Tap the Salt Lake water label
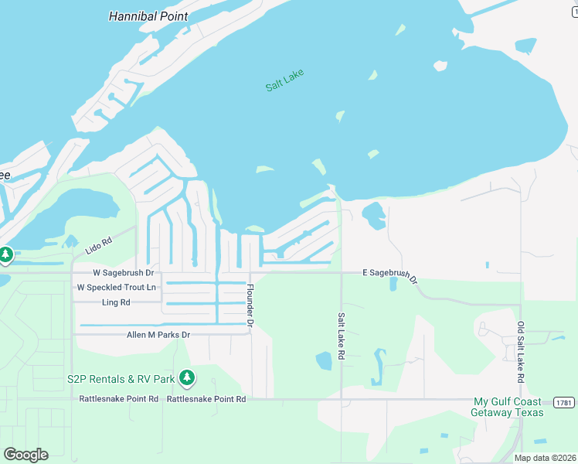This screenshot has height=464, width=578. pyautogui.click(x=284, y=80)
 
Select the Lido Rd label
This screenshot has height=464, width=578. pyautogui.click(x=98, y=242)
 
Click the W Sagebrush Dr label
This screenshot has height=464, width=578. pyautogui.click(x=124, y=273)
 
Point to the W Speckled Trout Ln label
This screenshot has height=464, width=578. pyautogui.click(x=116, y=288)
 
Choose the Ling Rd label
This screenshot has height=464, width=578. pyautogui.click(x=116, y=302)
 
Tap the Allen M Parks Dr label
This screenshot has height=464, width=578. pyautogui.click(x=158, y=335)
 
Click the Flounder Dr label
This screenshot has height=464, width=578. pyautogui.click(x=250, y=305)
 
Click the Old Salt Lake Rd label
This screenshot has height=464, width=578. pyautogui.click(x=521, y=353)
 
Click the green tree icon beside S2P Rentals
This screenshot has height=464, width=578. pyautogui.click(x=186, y=378)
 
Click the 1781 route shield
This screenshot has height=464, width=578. pyautogui.click(x=563, y=402)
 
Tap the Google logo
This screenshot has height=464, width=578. pyautogui.click(x=25, y=455)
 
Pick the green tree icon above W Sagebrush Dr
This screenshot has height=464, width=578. pyautogui.click(x=5, y=254)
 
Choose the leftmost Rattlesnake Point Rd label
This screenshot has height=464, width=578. pyautogui.click(x=119, y=399)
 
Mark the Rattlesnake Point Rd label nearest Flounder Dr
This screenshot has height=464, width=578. pyautogui.click(x=206, y=399)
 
